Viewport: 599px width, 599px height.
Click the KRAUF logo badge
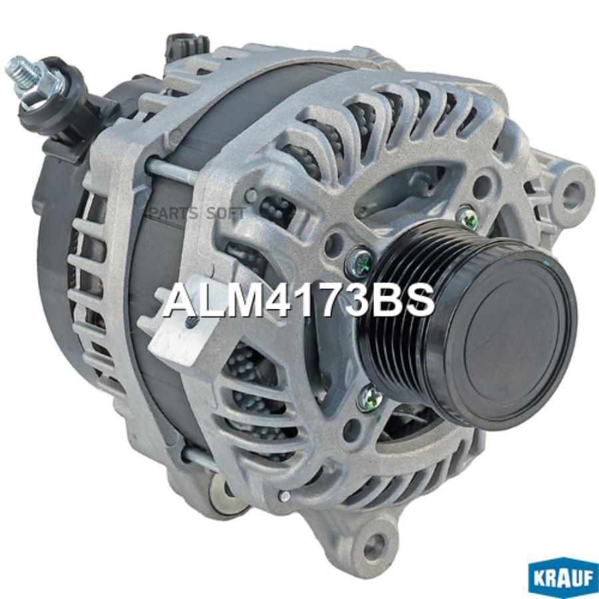[563, 578]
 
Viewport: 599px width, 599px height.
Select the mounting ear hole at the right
[572, 190]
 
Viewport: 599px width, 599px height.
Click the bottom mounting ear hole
[376, 542]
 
